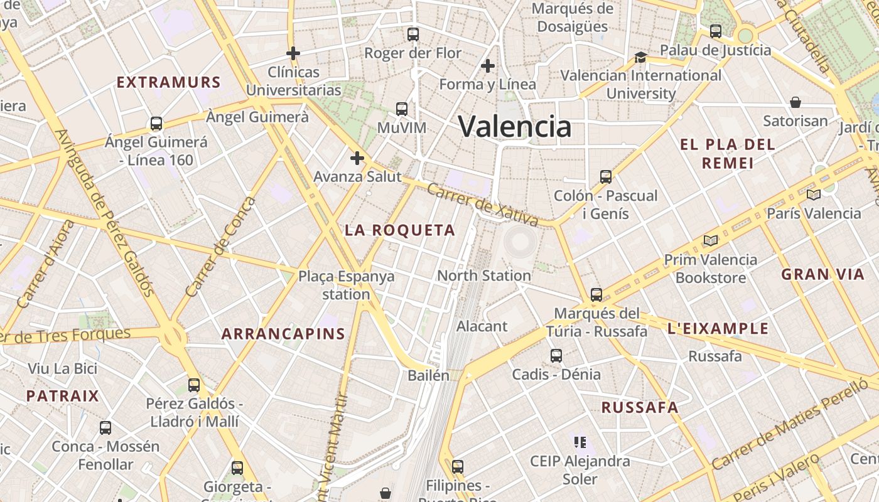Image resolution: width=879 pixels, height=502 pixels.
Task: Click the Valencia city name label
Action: coord(515,126)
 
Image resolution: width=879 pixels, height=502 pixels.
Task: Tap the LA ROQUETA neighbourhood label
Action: coord(400,230)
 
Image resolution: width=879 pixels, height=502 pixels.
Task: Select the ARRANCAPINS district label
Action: coord(283,334)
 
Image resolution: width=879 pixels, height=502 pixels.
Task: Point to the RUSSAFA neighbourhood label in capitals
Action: coord(640,407)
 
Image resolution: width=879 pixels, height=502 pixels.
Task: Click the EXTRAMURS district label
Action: coord(169,82)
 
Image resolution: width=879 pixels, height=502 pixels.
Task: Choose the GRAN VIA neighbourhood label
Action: coord(822,274)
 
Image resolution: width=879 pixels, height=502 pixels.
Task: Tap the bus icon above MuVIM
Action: coord(402,109)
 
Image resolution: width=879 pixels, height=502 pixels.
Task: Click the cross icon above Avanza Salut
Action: coord(357,158)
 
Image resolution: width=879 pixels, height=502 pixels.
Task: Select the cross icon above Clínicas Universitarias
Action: coord(293,53)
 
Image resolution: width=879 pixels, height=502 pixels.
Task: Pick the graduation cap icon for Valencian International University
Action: coord(640,57)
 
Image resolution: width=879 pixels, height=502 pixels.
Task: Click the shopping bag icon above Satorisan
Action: coord(795,102)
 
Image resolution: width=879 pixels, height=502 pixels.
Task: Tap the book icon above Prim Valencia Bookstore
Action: coord(711,240)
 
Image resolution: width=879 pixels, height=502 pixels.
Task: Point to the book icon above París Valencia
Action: coord(814,195)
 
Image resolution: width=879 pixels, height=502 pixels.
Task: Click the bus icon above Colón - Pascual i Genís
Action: coord(605,177)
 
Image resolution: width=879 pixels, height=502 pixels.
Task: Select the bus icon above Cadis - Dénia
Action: coord(556,356)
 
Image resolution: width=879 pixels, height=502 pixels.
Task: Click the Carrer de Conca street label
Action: coord(221,247)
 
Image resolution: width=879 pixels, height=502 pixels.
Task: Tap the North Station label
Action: coord(484,275)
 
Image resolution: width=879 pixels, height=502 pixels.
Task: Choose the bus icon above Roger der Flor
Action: coord(413,35)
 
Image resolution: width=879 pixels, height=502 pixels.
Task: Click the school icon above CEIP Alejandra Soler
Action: coord(580,442)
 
